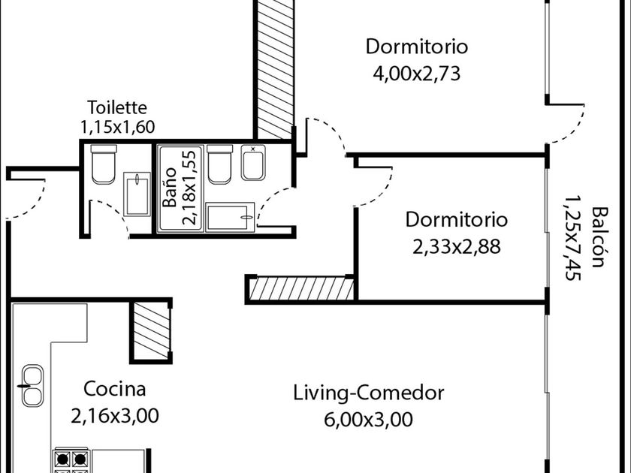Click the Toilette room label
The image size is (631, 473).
(x=117, y=107)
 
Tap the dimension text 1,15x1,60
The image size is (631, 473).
(x=117, y=127)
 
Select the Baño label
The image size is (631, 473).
(x=170, y=187)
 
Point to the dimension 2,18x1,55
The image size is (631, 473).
(x=190, y=187)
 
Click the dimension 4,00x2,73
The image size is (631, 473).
(x=416, y=74)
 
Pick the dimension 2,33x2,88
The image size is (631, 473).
(x=457, y=246)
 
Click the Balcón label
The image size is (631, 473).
(x=599, y=237)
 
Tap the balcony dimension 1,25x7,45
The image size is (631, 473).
(x=572, y=238)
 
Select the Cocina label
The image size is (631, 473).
(x=114, y=389)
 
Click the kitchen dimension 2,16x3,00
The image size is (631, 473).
(x=115, y=416)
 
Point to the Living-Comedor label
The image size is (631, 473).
(x=368, y=393)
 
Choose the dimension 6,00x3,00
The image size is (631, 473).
(x=368, y=420)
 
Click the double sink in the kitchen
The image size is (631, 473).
(x=32, y=386)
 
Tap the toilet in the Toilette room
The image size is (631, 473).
(x=104, y=164)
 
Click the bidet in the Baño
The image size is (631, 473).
(x=253, y=162)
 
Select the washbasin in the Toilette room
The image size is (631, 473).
(x=137, y=194)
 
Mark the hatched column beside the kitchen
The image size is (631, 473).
(x=151, y=330)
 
